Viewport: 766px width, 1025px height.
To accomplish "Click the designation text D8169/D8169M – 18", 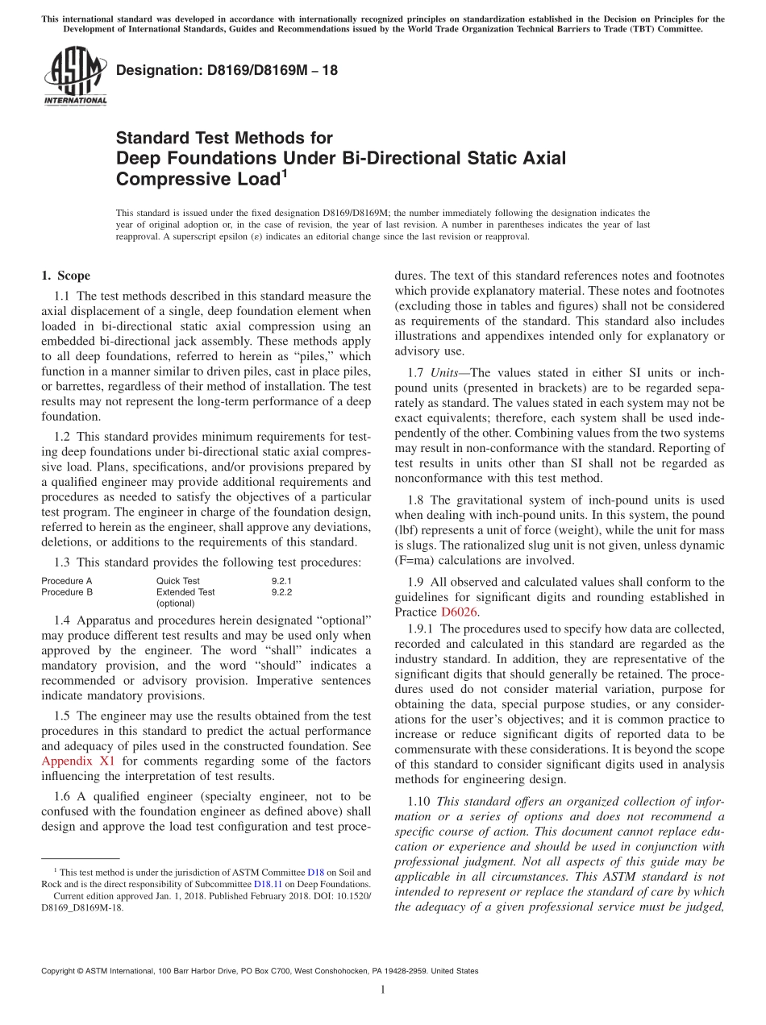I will (227, 70).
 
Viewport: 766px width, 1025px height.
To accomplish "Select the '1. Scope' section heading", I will (65, 276).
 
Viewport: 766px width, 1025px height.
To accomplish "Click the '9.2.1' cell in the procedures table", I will (281, 580).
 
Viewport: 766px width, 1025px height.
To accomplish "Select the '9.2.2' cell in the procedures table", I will (281, 591).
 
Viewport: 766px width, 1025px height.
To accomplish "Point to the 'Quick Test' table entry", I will (178, 580).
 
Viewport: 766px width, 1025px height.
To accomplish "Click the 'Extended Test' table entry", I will (185, 591).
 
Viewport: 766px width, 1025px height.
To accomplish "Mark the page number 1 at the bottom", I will (383, 990).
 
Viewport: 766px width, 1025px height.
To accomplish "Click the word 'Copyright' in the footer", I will (60, 971).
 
